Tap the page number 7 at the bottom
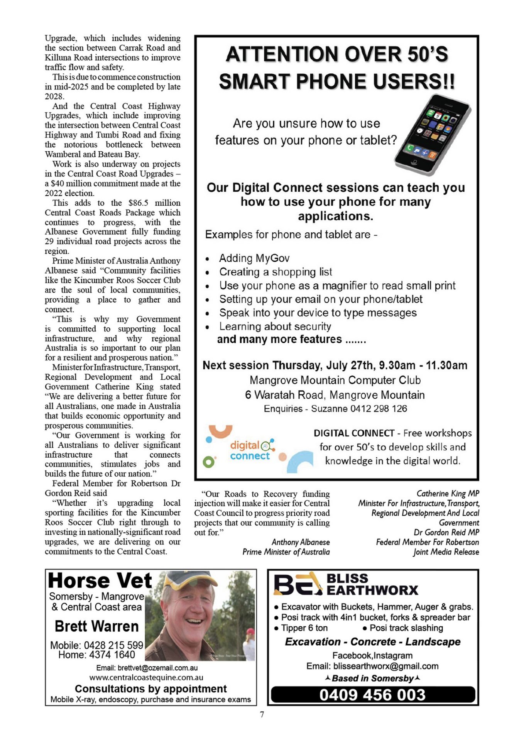(x=262, y=714)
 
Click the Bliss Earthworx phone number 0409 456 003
(x=372, y=695)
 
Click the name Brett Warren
(x=96, y=626)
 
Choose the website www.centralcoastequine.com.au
(x=146, y=677)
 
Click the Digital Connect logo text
(x=250, y=450)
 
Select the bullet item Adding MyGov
(x=254, y=258)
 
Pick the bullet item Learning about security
(x=275, y=327)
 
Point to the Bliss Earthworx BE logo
(x=297, y=584)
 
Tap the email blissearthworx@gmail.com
(x=386, y=666)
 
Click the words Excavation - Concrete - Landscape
(x=372, y=642)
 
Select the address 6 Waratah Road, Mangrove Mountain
(x=335, y=395)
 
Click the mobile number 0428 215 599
(x=113, y=645)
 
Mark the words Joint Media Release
(x=446, y=552)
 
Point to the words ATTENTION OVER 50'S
(x=337, y=54)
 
